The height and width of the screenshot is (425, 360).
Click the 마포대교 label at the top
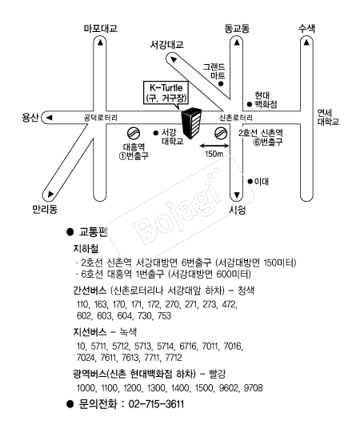click(x=101, y=29)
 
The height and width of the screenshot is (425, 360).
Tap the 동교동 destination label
click(x=237, y=29)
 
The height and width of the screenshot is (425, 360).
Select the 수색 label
click(x=306, y=28)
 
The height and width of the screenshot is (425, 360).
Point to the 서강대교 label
click(x=167, y=45)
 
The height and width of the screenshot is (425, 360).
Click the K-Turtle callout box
click(x=166, y=92)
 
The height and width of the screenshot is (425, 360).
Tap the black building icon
click(x=191, y=123)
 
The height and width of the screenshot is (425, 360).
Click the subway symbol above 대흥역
click(x=134, y=133)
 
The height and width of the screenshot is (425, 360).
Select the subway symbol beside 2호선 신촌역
click(x=221, y=133)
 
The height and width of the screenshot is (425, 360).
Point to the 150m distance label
click(x=214, y=154)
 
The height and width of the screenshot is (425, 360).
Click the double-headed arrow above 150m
click(x=214, y=146)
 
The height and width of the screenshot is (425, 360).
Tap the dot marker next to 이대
click(x=250, y=182)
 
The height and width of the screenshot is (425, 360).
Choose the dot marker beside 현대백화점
click(x=250, y=104)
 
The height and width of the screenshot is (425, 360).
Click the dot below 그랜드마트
click(x=221, y=84)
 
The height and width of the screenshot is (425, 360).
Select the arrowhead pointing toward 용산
click(x=49, y=118)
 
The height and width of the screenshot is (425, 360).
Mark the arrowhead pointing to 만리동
click(x=50, y=194)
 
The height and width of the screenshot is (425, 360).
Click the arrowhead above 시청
click(x=237, y=194)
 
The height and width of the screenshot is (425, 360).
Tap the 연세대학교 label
click(x=328, y=117)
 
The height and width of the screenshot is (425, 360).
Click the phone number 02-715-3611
click(x=156, y=404)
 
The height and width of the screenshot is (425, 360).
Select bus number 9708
click(x=254, y=388)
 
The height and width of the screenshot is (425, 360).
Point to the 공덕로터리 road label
click(x=101, y=118)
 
